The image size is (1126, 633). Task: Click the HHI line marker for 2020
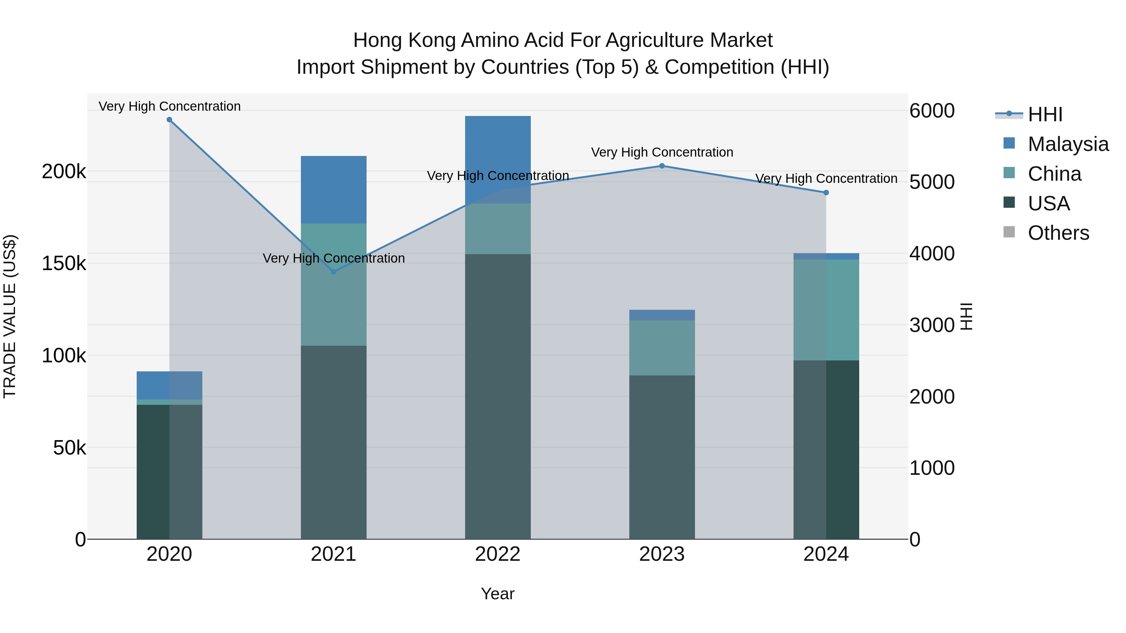coord(170,120)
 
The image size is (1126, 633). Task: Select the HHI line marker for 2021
coord(333,272)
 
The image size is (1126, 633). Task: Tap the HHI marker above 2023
coord(662,166)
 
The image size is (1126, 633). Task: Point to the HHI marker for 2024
coord(826,193)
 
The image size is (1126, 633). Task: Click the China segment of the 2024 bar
coord(826,310)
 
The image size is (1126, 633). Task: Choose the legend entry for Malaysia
coord(1068,144)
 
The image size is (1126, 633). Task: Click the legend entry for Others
coord(1058,233)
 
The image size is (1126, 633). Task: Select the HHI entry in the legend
coord(1045,114)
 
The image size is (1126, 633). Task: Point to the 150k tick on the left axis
coord(64,264)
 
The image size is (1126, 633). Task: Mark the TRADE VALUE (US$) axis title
coord(10,316)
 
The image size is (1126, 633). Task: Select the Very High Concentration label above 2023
coord(662,153)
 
